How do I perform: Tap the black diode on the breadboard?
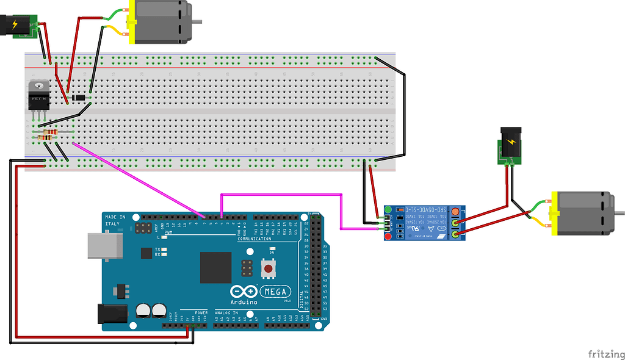(x=79, y=98)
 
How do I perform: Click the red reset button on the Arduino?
(x=267, y=268)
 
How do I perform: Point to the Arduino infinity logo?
(x=242, y=292)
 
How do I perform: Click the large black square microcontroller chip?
(x=215, y=267)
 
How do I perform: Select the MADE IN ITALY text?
(x=115, y=220)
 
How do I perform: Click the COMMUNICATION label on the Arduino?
(x=254, y=239)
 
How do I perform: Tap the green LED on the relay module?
(x=388, y=211)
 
